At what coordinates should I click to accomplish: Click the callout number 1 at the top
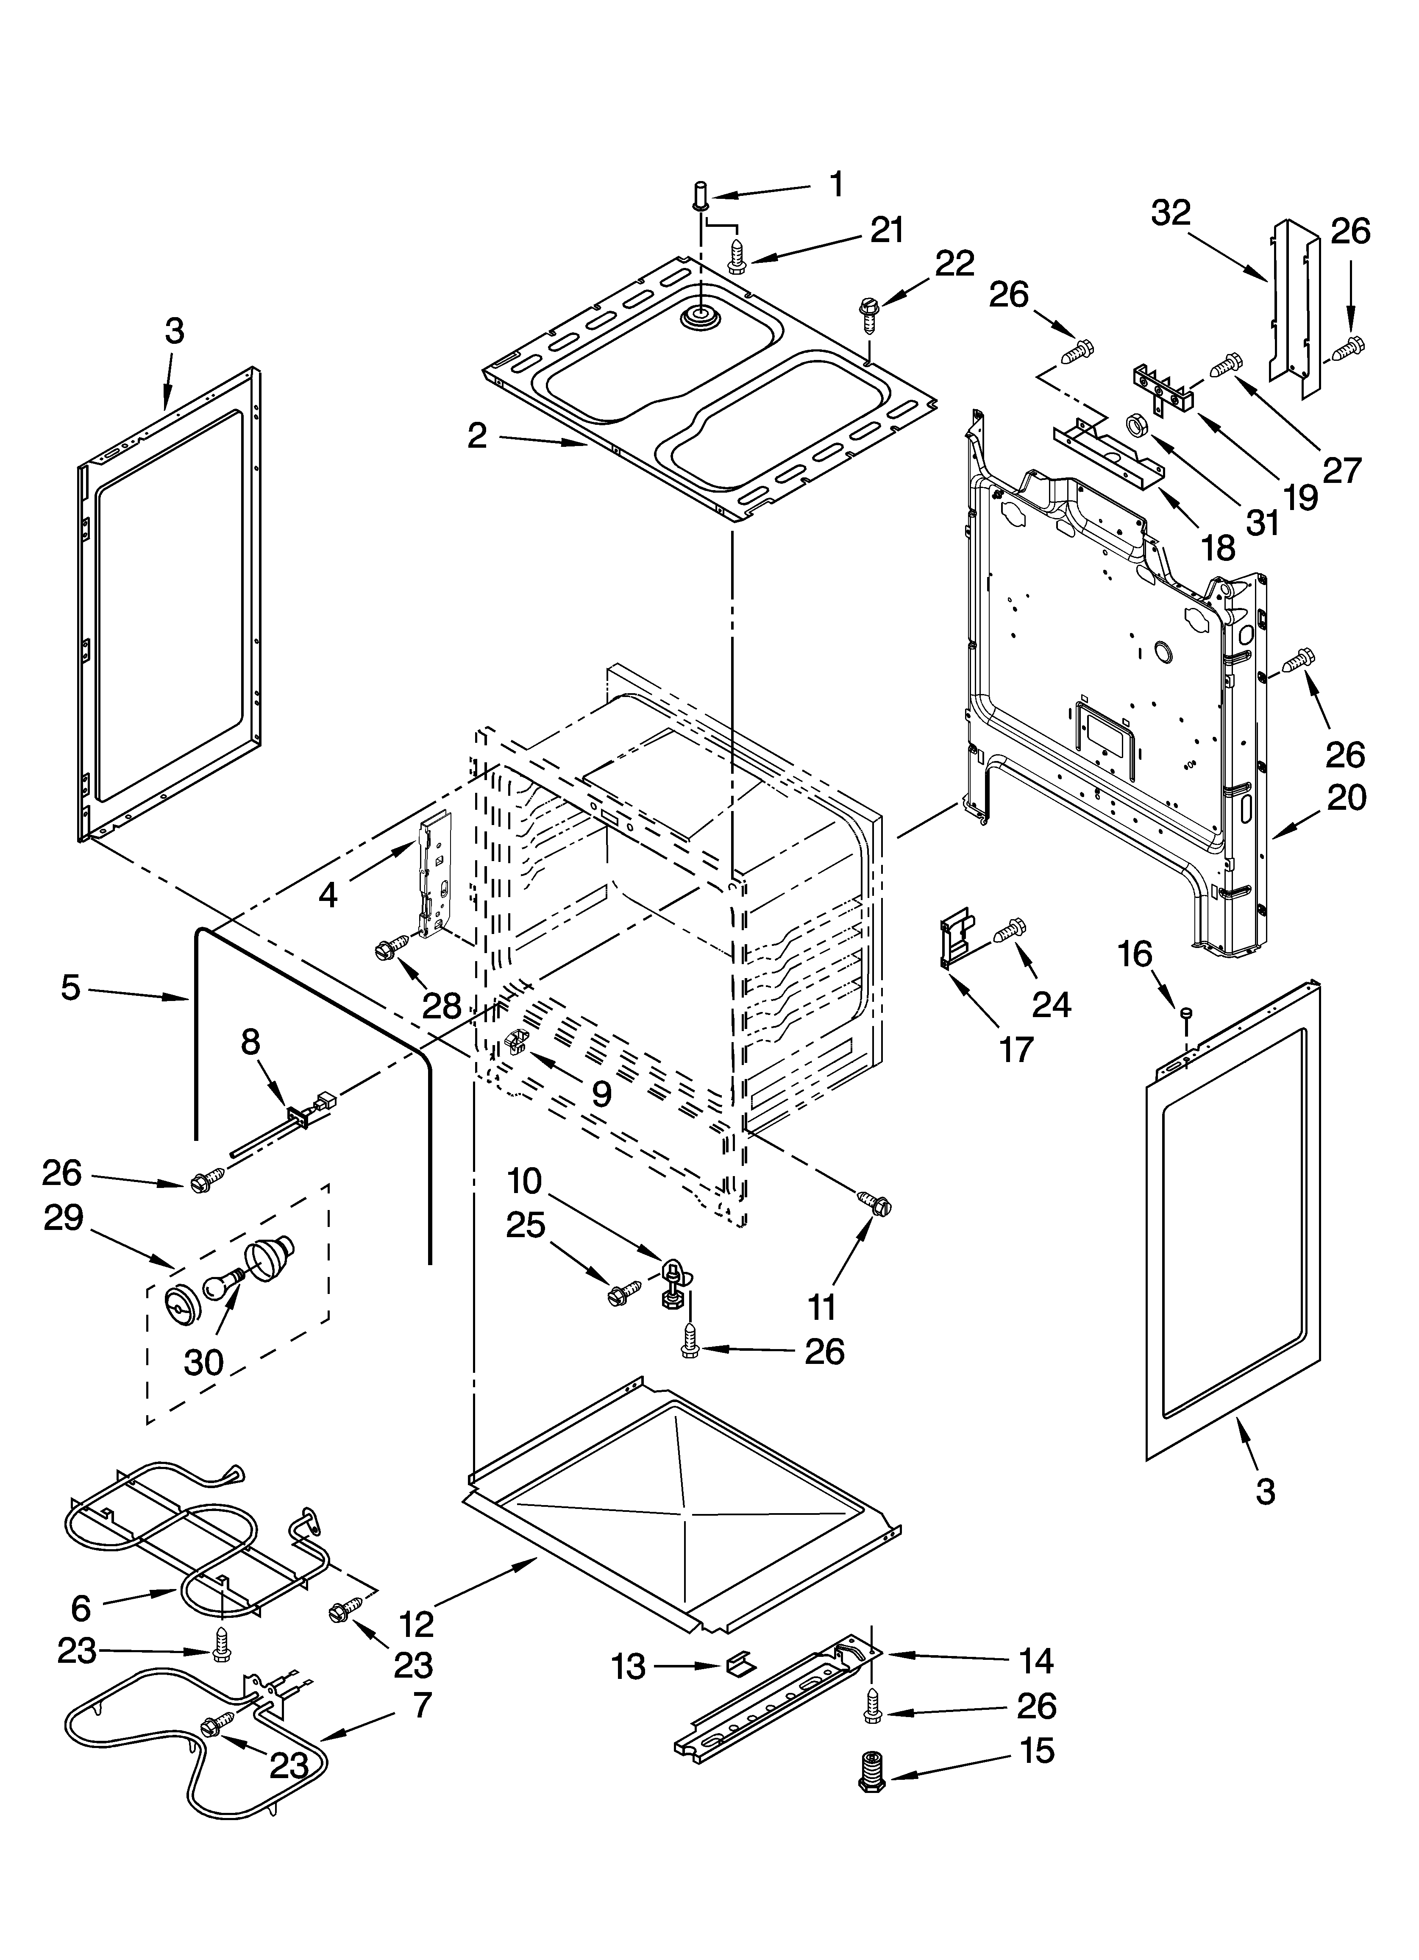pos(836,185)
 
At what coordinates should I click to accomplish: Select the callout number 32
pos(1171,212)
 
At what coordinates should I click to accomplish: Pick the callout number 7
pos(421,1706)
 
